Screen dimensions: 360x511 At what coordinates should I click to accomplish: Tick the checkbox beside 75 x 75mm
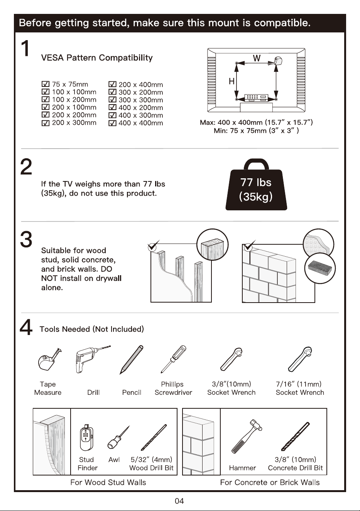click(x=46, y=84)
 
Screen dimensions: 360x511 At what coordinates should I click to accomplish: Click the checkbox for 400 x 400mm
click(x=112, y=123)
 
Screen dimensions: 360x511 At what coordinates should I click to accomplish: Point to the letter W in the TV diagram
click(x=257, y=58)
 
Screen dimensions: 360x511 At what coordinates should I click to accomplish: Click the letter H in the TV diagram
click(x=232, y=81)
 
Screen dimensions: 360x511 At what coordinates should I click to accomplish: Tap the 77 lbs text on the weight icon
click(x=256, y=182)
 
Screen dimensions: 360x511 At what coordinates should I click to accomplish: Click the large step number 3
click(x=26, y=239)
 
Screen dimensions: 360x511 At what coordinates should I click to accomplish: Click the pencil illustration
click(x=132, y=360)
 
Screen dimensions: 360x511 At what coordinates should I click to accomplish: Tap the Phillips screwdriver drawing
click(x=173, y=359)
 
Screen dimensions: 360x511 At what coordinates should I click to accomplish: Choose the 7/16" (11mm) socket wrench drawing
click(x=300, y=359)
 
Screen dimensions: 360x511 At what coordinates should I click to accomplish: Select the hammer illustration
click(x=247, y=437)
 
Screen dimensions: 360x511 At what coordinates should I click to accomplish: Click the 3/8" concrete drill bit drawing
click(x=296, y=437)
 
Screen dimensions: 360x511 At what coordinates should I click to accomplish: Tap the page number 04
click(x=179, y=501)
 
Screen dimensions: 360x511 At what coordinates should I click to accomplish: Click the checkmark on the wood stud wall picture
click(x=153, y=245)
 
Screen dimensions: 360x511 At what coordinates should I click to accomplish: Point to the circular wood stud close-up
click(x=212, y=245)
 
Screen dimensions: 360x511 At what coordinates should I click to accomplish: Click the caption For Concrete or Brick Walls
click(x=270, y=482)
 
